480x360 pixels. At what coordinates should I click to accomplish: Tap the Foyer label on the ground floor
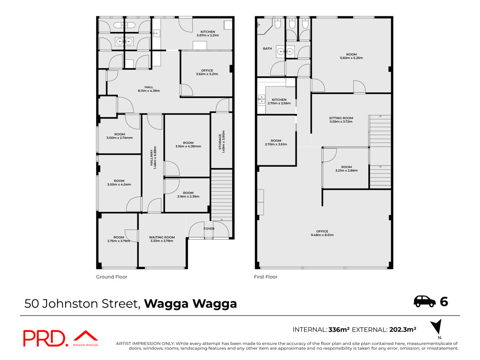click(209, 229)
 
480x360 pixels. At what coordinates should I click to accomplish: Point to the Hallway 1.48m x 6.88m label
click(153, 157)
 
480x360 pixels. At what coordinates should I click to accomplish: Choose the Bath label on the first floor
click(267, 48)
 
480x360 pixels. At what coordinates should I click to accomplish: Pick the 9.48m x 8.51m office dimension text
click(322, 235)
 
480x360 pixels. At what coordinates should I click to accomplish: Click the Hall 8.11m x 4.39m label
click(149, 89)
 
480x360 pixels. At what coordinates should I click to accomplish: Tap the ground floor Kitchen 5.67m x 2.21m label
click(208, 33)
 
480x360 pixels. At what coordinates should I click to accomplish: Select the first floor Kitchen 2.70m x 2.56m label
click(279, 101)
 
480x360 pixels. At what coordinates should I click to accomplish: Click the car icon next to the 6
click(425, 301)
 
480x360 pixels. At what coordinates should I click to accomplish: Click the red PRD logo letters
click(45, 338)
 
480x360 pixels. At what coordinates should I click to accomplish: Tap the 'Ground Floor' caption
click(112, 277)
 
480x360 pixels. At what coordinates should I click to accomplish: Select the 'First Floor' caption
click(265, 277)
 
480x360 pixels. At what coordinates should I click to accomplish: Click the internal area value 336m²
click(339, 330)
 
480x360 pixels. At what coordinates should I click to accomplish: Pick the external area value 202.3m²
click(403, 330)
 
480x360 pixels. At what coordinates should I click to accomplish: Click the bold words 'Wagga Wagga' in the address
click(190, 304)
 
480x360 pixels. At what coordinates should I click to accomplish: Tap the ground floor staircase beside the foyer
click(222, 195)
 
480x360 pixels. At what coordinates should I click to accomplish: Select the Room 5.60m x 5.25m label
click(352, 56)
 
